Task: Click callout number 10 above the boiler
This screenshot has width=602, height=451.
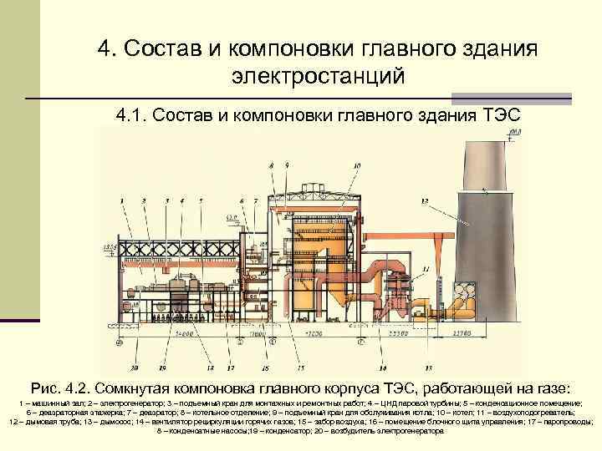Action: click(x=357, y=167)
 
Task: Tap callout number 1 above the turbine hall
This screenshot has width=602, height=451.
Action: click(x=122, y=201)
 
